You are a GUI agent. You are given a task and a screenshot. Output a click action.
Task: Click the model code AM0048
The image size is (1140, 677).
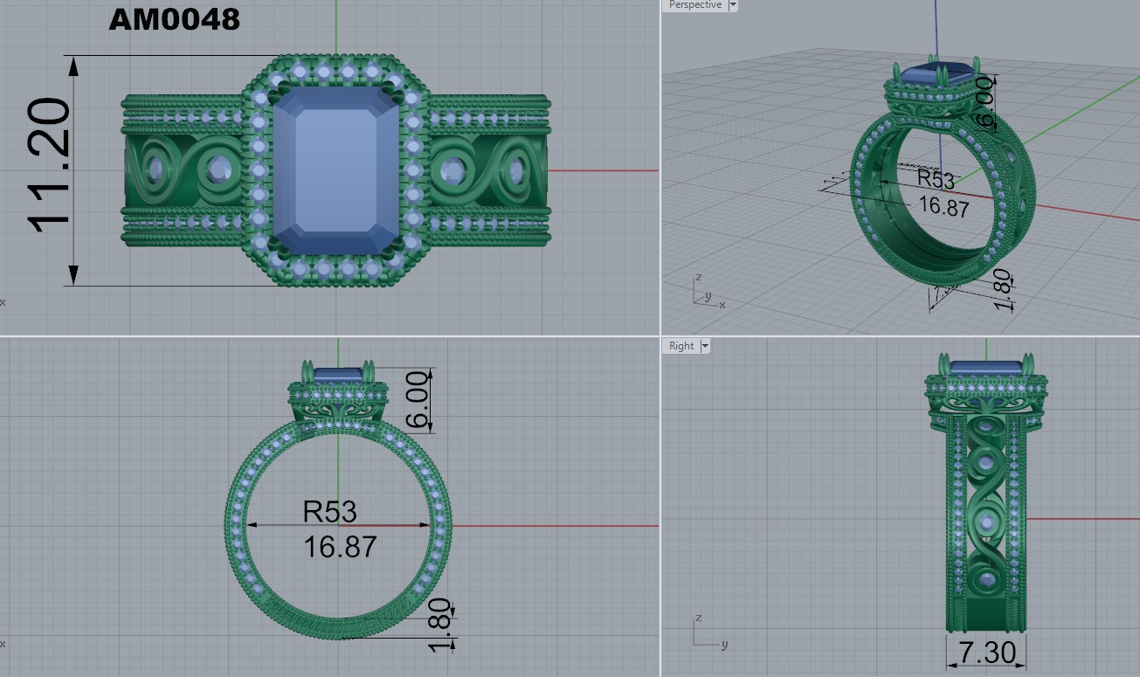174,19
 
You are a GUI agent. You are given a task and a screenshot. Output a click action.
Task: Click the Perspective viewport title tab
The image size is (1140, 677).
694,5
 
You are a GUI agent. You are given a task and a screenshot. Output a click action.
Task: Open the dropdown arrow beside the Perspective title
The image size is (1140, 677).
732,5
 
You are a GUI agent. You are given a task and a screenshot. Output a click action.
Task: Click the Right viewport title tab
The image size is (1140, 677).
681,346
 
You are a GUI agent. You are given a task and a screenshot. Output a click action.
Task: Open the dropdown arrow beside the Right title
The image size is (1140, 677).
704,346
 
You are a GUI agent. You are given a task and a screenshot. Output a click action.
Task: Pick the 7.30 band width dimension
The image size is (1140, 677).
986,652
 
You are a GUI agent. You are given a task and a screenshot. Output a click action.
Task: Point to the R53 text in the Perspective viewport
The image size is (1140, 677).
936,179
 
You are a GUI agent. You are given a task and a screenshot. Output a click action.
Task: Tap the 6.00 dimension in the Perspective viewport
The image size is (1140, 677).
985,102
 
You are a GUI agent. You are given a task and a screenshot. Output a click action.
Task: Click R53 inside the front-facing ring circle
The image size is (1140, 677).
329,511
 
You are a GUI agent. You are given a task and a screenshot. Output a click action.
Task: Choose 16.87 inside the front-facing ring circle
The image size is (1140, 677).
340,547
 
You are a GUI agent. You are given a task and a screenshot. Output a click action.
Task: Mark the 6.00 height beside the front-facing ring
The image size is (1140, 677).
418,400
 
